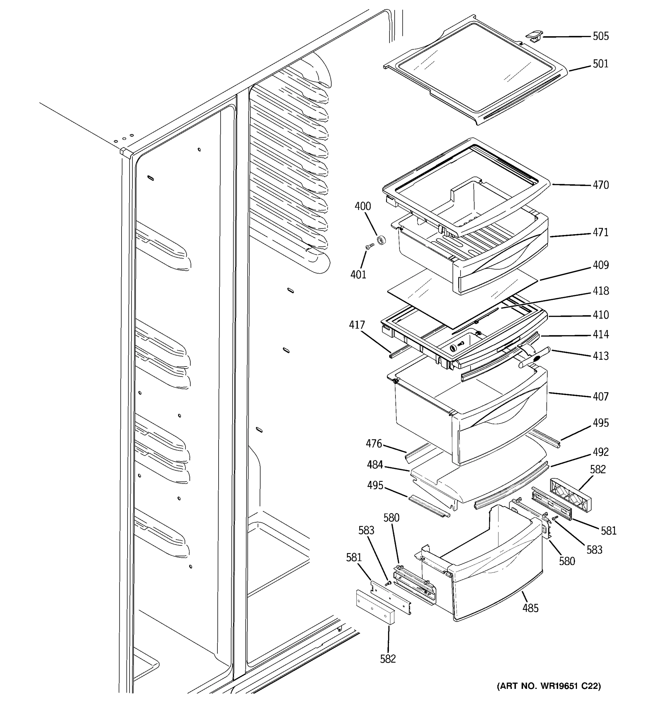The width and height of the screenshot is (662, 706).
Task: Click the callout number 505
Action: coord(600,36)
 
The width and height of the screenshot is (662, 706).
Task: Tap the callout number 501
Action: coord(600,64)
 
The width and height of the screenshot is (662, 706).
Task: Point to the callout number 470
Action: coord(600,185)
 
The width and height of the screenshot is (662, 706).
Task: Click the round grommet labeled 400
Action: coord(381,240)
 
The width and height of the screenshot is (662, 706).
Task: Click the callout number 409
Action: coord(600,265)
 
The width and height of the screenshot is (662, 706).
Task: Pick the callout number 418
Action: coord(600,291)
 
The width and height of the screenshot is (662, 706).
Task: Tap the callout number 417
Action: coord(357,325)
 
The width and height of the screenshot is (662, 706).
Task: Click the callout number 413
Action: coord(600,356)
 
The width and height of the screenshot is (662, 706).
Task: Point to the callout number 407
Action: coord(600,397)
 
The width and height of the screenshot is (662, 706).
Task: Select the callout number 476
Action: coord(374,444)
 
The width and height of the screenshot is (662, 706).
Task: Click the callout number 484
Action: coord(375,464)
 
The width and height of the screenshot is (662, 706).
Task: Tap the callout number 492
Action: coord(600,452)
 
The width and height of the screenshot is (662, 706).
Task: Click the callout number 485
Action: coord(530,608)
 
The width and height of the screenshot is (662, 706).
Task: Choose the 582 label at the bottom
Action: coord(388,659)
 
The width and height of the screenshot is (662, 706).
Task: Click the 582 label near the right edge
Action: coord(598,469)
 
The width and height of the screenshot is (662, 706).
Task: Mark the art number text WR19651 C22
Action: coord(549,686)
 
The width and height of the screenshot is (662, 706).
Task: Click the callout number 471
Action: coord(600,232)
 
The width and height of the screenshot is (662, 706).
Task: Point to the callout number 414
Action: coord(600,334)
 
